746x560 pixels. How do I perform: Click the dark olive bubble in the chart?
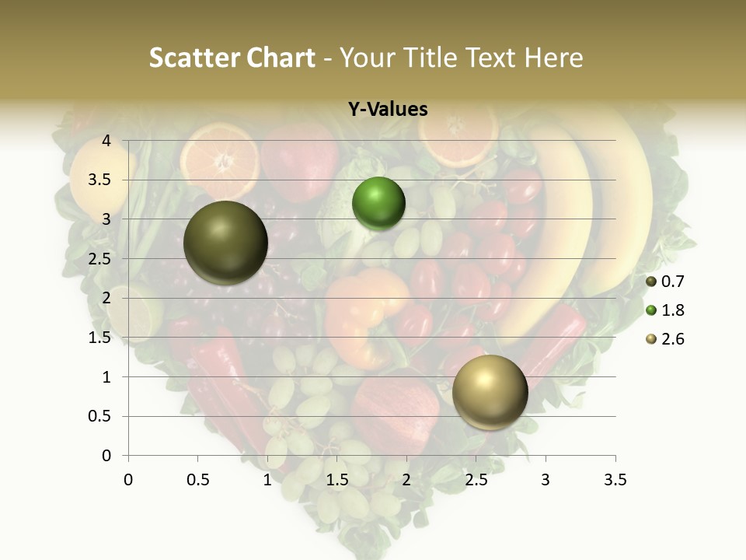click(226, 243)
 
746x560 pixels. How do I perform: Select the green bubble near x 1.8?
click(378, 204)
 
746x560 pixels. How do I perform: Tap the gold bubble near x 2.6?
click(490, 392)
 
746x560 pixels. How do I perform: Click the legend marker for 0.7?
click(650, 282)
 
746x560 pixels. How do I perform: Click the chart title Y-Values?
click(388, 110)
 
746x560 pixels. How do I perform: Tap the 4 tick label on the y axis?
click(107, 141)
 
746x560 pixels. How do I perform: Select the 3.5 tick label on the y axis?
click(101, 180)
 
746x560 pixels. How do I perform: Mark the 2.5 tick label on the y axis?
click(101, 259)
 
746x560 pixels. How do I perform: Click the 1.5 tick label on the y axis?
click(101, 338)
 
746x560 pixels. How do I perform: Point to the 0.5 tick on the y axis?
click(101, 416)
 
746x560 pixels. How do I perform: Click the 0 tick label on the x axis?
click(128, 480)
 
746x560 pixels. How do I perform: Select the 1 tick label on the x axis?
click(267, 480)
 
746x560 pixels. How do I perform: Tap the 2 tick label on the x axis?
click(406, 480)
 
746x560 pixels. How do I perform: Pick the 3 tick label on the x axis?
click(546, 480)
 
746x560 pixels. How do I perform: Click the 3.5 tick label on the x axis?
click(615, 480)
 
